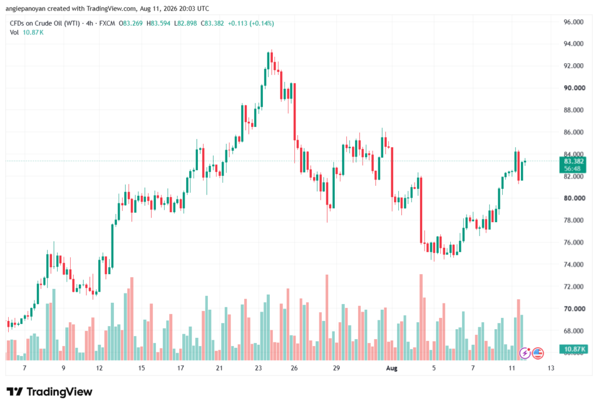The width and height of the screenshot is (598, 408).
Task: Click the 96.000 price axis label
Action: click(x=573, y=22)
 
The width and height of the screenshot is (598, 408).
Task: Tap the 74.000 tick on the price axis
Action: click(x=573, y=264)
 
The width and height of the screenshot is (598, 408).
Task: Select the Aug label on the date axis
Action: click(x=392, y=368)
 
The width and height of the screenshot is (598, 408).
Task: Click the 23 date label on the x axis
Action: click(x=258, y=368)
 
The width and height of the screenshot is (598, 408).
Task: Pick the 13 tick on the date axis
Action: click(x=551, y=368)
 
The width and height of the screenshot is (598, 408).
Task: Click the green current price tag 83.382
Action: click(x=572, y=161)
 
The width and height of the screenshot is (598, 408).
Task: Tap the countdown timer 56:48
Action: click(x=572, y=169)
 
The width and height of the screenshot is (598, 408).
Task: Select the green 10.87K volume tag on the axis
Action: click(x=573, y=349)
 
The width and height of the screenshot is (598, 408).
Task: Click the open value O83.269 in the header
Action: click(x=130, y=23)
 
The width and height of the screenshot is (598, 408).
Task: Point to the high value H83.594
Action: click(x=158, y=23)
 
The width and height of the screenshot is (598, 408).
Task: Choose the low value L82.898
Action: click(x=185, y=23)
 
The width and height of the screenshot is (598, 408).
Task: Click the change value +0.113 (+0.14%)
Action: click(x=251, y=23)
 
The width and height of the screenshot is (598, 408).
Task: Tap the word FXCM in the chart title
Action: click(x=107, y=23)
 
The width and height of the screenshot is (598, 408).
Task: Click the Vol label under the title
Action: click(x=14, y=33)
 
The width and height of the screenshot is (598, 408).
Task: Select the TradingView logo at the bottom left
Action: click(x=50, y=392)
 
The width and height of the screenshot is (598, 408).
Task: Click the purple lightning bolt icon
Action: click(x=525, y=354)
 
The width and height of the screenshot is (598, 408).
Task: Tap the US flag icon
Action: click(x=538, y=354)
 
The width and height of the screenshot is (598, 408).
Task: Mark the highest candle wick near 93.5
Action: click(x=272, y=51)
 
